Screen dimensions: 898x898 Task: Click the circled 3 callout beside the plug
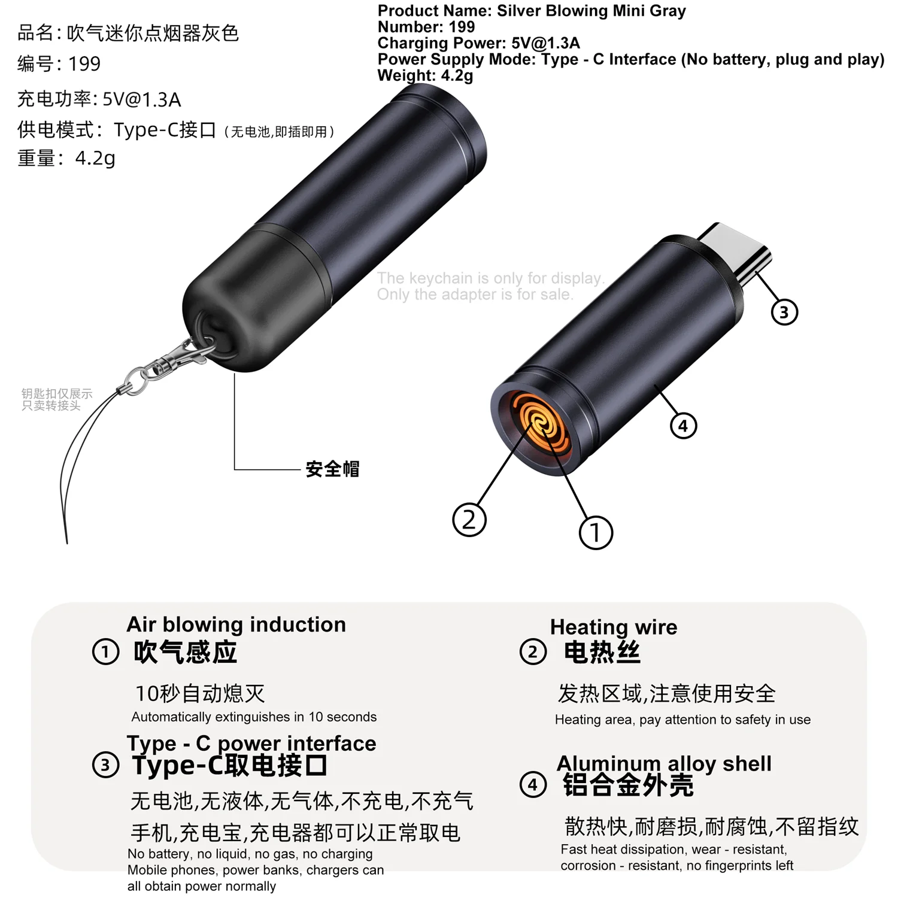click(784, 312)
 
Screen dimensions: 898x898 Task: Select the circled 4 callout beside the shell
click(683, 426)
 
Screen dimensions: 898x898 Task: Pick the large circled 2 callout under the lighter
click(469, 519)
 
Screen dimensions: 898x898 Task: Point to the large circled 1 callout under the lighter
click(596, 532)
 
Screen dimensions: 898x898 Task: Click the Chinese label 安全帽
click(332, 469)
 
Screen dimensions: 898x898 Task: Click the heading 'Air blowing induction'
click(236, 624)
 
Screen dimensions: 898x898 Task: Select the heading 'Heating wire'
click(614, 627)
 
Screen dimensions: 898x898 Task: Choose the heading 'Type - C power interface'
click(251, 743)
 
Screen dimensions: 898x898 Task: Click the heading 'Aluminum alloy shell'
click(664, 763)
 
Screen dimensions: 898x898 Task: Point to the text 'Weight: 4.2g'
click(425, 75)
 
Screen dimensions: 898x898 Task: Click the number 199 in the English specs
click(462, 27)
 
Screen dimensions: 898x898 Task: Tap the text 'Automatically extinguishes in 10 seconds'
click(254, 717)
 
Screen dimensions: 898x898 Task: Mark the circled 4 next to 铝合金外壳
click(533, 784)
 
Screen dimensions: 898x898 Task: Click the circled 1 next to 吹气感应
click(105, 651)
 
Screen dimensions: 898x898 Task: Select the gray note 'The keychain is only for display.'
click(491, 278)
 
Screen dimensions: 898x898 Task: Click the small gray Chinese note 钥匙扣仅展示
click(57, 393)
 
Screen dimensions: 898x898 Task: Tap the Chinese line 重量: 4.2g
click(66, 158)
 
